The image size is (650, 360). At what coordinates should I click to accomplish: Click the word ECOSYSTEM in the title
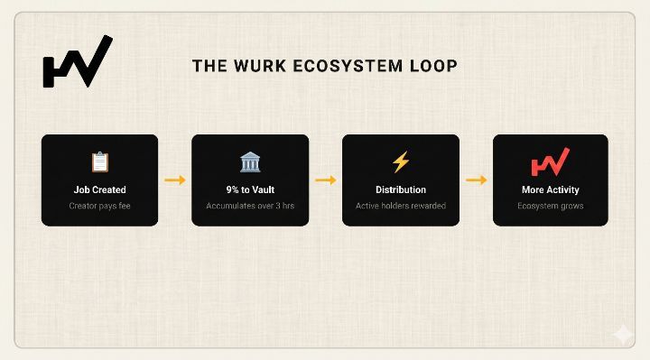point(348,66)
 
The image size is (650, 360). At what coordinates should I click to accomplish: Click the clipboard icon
point(100,162)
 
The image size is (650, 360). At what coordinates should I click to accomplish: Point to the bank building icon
point(250,162)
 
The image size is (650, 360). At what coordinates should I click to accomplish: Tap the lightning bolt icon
point(401,162)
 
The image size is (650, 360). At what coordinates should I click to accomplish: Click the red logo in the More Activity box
point(551,162)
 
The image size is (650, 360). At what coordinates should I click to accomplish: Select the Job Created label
point(100,189)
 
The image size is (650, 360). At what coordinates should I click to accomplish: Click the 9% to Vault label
point(250,189)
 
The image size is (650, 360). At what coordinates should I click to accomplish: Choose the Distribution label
point(401,189)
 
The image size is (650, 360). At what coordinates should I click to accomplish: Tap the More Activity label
point(551,189)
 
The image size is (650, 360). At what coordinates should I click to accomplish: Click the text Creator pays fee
point(100,206)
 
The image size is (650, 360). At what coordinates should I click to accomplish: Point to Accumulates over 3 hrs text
point(250,206)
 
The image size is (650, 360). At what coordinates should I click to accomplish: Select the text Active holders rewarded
point(401,206)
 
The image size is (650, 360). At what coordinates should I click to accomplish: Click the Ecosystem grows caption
point(551,206)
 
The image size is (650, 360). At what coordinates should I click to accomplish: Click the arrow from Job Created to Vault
point(175,180)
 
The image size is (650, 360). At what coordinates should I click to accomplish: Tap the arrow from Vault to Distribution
point(325,180)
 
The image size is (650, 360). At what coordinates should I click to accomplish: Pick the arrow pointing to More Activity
point(477,180)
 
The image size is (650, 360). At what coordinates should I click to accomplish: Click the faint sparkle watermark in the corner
point(623,334)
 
